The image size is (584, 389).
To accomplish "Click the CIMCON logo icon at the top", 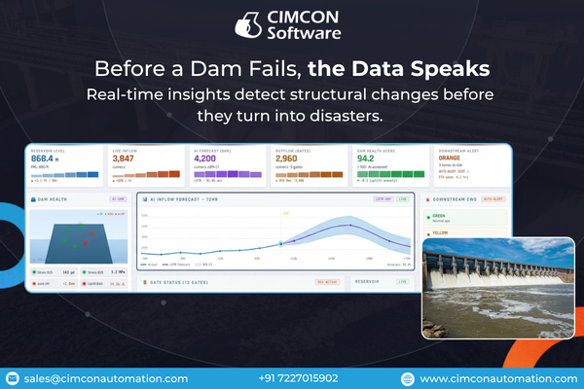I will [251, 24].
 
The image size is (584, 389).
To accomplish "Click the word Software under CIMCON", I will [306, 34].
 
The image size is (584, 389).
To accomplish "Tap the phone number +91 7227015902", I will [299, 378].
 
